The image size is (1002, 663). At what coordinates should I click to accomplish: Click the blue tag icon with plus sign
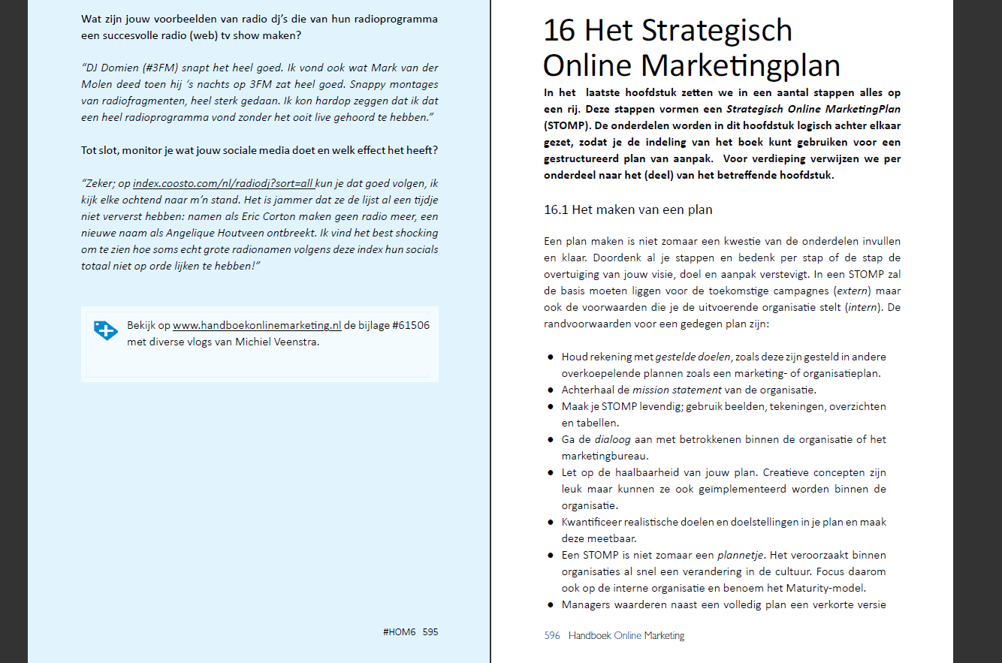[106, 330]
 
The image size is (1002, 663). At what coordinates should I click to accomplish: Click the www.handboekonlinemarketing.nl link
[257, 326]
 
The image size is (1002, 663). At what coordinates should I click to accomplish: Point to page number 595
[430, 632]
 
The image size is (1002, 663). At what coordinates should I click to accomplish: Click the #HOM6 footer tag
[399, 632]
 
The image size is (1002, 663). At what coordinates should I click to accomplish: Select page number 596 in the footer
[552, 636]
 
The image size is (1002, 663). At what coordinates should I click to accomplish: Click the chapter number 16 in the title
[560, 31]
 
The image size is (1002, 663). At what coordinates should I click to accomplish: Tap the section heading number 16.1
[556, 209]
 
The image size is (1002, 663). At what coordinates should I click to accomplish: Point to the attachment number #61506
[412, 326]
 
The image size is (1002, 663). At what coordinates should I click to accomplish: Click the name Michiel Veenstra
[278, 343]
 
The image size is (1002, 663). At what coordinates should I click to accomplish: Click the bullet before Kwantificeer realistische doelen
[552, 523]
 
